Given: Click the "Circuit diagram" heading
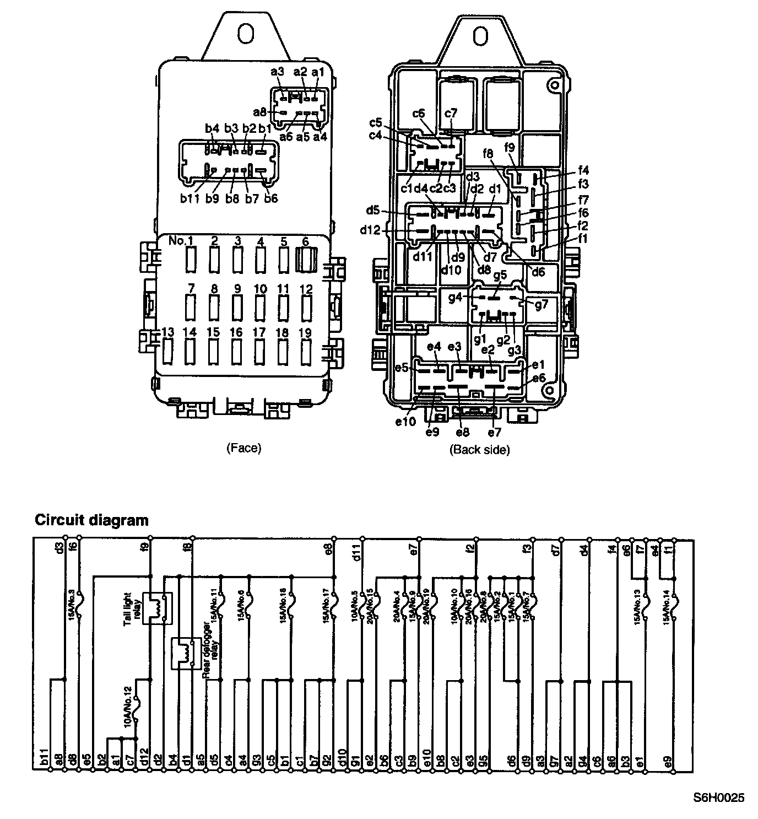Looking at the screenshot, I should click(x=91, y=520).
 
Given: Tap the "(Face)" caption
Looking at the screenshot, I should click(x=243, y=448).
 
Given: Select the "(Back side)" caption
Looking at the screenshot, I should click(x=479, y=449).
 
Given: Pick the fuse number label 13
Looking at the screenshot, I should click(x=167, y=332).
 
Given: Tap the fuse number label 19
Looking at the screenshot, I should click(x=306, y=332).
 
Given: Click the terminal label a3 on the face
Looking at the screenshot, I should click(x=277, y=72).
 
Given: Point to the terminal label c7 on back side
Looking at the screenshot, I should click(x=451, y=114).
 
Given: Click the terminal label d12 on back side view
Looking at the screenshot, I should click(x=370, y=230).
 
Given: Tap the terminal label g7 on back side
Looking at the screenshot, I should click(x=542, y=304).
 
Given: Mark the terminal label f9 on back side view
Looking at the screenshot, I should click(x=510, y=147).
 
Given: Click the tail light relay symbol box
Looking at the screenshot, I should click(x=158, y=608).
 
